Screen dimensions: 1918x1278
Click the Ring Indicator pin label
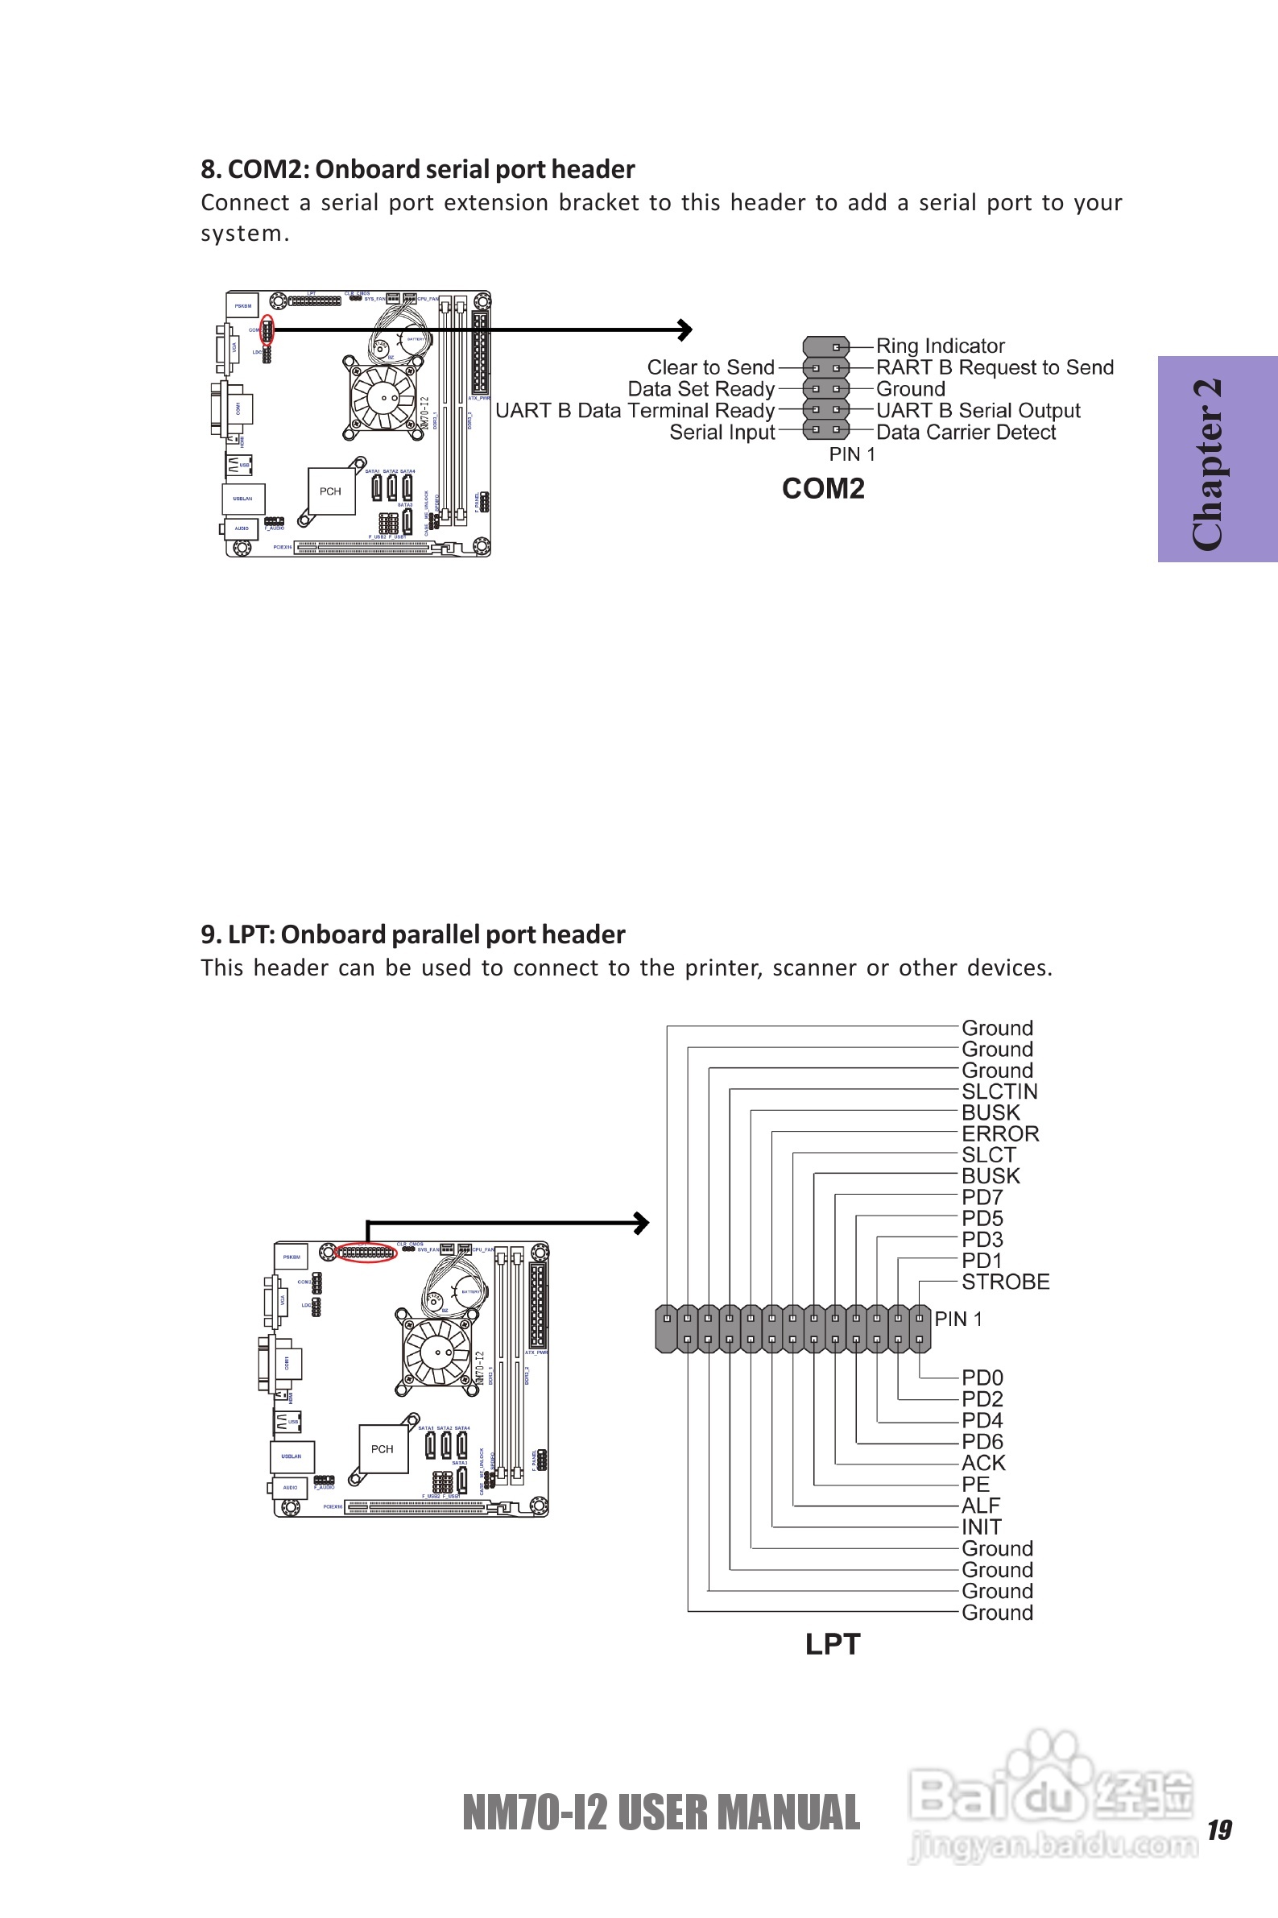940,346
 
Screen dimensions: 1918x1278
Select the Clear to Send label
710,367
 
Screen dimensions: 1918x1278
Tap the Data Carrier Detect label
966,432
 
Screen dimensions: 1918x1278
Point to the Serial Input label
722,432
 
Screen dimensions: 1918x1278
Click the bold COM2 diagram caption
823,488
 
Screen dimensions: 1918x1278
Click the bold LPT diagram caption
832,1643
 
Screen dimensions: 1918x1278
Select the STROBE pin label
1005,1282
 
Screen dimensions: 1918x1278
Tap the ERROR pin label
1000,1134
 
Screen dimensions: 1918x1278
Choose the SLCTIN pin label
999,1092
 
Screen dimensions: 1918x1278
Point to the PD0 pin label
982,1377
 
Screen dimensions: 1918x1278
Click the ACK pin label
983,1462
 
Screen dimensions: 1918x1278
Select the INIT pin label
982,1527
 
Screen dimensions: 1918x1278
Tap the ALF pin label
981,1506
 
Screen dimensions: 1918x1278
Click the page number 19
1219,1830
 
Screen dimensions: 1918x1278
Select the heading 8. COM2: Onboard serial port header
417,168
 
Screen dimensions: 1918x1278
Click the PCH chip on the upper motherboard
331,491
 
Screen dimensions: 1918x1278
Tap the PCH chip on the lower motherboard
383,1448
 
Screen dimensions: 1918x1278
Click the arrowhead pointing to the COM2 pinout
685,329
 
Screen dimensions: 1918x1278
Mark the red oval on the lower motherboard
366,1252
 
